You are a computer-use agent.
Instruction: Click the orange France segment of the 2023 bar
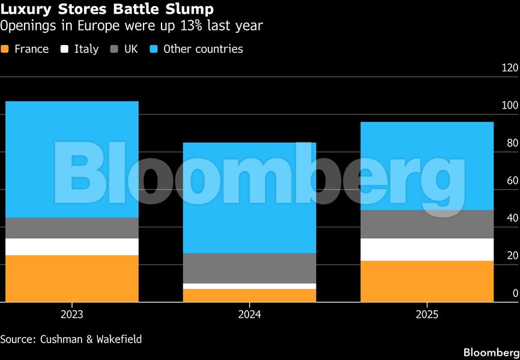coord(71,278)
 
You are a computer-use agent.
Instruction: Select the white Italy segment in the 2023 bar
coord(71,247)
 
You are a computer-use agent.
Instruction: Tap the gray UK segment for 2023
coord(71,228)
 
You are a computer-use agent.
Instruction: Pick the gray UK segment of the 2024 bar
coord(249,268)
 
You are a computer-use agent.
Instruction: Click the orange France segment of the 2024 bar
coord(249,295)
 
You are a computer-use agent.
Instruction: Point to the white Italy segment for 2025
coord(427,250)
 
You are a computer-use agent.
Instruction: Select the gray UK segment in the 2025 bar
coord(427,224)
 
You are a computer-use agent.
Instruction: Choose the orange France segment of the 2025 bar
coord(427,281)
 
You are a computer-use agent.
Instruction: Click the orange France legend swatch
coord(5,49)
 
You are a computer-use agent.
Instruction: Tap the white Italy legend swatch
coord(65,49)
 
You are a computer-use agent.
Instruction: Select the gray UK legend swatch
coord(115,49)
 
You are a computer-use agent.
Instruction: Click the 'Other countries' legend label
coord(203,49)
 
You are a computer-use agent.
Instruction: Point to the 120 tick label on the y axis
coord(509,68)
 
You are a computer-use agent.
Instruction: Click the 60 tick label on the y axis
coord(512,181)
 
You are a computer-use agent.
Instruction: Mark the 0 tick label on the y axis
coord(515,293)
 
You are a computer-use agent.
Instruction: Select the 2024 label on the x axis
coord(249,314)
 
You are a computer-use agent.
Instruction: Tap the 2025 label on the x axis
coord(427,314)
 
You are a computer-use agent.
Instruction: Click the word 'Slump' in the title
coord(190,10)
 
